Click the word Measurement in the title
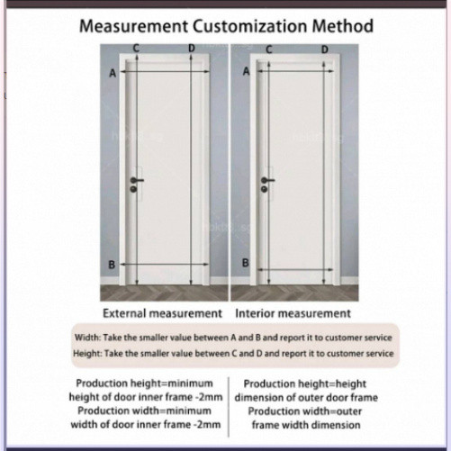coord(134,26)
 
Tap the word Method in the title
coord(343,26)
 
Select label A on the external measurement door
coord(113,73)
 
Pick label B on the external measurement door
coord(112,265)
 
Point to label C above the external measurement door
coord(136,48)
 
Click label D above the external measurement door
coord(192,48)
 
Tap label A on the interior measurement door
coord(246,71)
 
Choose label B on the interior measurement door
coord(246,263)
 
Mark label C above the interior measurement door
coord(269,50)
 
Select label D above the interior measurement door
coord(325,50)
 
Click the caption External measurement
coord(162,313)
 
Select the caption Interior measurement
coord(293,313)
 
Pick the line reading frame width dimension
coord(306,425)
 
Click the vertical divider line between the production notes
coord(229,407)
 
